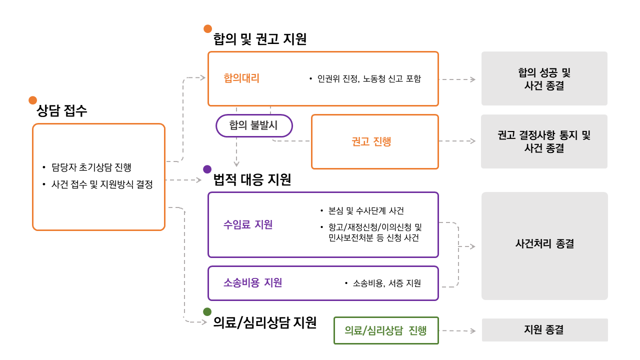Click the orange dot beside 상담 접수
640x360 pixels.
click(x=33, y=100)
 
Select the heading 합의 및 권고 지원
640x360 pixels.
click(x=259, y=39)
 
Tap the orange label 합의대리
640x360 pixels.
click(x=241, y=78)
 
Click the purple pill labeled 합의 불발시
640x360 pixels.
click(x=253, y=125)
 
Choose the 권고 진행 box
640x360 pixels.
click(x=374, y=141)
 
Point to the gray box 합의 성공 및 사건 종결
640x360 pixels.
click(x=544, y=78)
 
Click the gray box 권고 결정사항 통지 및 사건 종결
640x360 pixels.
click(x=544, y=141)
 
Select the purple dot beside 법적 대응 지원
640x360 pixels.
click(x=207, y=169)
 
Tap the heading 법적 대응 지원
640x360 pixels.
click(x=252, y=179)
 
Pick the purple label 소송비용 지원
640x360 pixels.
click(x=252, y=282)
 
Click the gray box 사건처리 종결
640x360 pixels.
click(x=544, y=244)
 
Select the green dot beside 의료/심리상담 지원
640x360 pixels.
click(x=207, y=312)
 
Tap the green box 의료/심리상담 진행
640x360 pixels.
click(x=385, y=330)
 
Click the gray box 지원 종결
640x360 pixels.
click(x=544, y=330)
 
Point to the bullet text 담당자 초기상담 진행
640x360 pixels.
click(x=91, y=167)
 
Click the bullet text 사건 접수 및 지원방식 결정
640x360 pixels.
click(x=102, y=184)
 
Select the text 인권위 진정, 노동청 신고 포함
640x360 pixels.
click(x=369, y=78)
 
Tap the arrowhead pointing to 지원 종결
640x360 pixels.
click(x=472, y=330)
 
